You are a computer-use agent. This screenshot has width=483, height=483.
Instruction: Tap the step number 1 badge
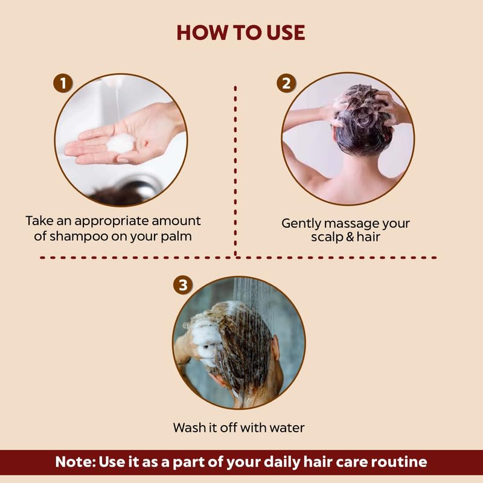[63, 83]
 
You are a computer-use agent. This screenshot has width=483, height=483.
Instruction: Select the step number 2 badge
[287, 83]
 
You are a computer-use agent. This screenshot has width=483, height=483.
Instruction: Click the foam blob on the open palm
[121, 143]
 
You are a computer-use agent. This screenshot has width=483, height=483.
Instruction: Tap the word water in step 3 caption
[286, 427]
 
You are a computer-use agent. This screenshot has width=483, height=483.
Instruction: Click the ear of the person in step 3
[275, 350]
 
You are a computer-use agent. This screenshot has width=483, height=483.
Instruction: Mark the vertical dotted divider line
[235, 169]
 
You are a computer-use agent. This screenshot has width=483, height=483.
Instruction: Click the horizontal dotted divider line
[241, 257]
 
